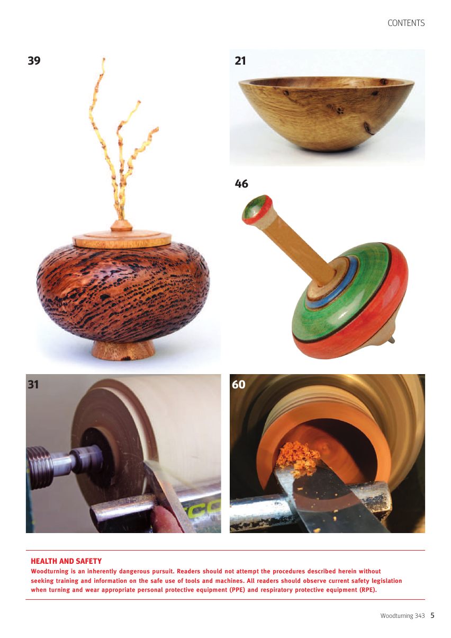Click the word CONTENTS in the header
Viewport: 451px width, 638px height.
click(x=406, y=23)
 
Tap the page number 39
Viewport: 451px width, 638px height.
click(x=34, y=60)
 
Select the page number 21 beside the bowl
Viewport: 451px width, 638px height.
click(x=240, y=61)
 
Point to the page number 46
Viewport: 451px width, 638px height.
click(x=241, y=184)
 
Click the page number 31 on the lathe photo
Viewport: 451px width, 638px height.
click(x=33, y=385)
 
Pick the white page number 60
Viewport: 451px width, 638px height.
click(x=238, y=385)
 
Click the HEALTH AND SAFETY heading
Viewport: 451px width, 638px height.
click(x=66, y=561)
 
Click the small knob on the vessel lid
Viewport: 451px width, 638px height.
click(x=122, y=225)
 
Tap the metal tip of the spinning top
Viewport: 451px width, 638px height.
click(x=393, y=339)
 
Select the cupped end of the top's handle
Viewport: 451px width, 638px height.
click(x=257, y=209)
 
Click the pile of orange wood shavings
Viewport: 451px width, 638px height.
click(x=296, y=459)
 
